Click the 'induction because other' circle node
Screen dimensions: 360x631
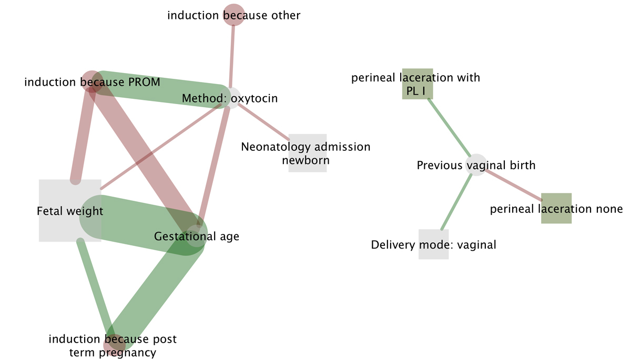[x=234, y=14]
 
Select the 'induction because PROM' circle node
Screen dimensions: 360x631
[x=92, y=81]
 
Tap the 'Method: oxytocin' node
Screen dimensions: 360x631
[x=230, y=98]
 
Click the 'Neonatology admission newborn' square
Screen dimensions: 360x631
[x=308, y=153]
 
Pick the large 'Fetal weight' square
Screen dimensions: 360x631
[x=70, y=210]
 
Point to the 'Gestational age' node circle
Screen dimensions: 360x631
[x=197, y=235]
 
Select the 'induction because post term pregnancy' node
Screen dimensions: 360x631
[x=114, y=345]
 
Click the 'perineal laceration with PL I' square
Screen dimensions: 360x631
[x=417, y=84]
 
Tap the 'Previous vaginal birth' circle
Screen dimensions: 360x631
[x=476, y=165]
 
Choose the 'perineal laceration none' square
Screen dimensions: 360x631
[x=556, y=209]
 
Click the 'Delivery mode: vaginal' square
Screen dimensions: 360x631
[x=434, y=244]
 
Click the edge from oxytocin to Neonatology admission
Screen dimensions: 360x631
[x=263, y=121]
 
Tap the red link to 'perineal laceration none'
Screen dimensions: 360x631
[x=513, y=184]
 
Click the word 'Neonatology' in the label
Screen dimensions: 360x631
[x=273, y=147]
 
